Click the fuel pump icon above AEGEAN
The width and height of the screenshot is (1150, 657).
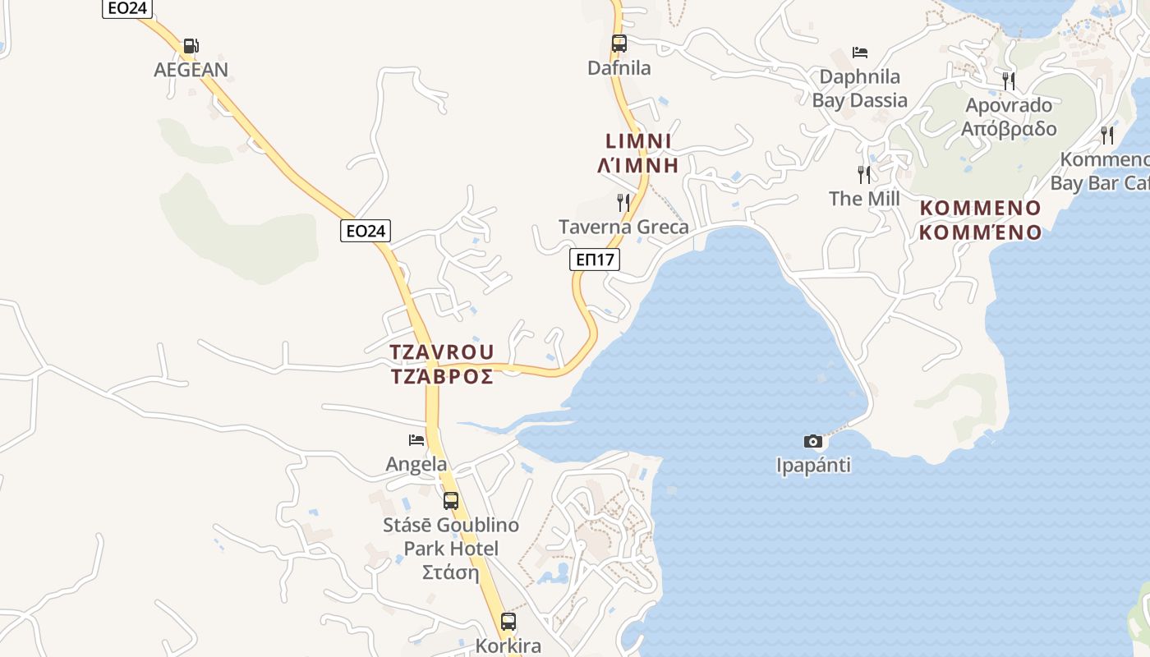[x=191, y=46]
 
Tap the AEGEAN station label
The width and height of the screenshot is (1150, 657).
[x=191, y=70]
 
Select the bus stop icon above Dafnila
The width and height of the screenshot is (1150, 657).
[x=619, y=44]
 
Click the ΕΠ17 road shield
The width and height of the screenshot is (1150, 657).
[x=595, y=260]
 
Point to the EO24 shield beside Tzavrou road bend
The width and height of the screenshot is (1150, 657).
[x=366, y=231]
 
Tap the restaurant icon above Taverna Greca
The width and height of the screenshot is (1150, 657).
[x=623, y=202]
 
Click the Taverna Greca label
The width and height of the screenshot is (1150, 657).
[x=623, y=227]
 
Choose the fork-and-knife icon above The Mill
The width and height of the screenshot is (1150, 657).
[x=864, y=174]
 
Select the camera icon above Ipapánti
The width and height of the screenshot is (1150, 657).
[x=812, y=441]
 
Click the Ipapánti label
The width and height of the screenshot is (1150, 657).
[x=813, y=466]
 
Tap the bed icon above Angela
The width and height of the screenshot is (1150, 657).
[x=416, y=440]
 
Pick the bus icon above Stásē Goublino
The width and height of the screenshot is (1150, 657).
[x=450, y=500]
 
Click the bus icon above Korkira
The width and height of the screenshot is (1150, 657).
[x=508, y=621]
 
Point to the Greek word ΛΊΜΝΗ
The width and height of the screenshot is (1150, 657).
[x=638, y=165]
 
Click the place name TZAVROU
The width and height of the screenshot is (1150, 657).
[x=442, y=352]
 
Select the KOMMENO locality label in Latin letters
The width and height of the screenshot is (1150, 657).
[x=980, y=208]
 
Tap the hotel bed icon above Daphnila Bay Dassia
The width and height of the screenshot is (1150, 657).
[x=860, y=53]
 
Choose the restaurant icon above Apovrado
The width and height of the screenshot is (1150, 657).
[x=1009, y=80]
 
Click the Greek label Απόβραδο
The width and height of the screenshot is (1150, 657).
[x=1009, y=129]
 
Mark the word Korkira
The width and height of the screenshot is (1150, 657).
[x=508, y=646]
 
